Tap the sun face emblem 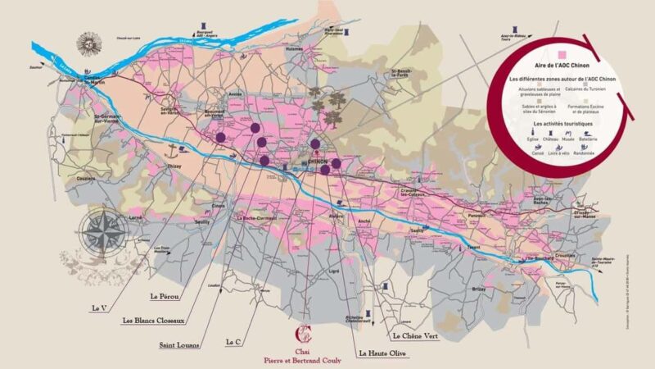tap(88, 42)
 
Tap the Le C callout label tap(233, 340)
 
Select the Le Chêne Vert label tap(419, 336)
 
